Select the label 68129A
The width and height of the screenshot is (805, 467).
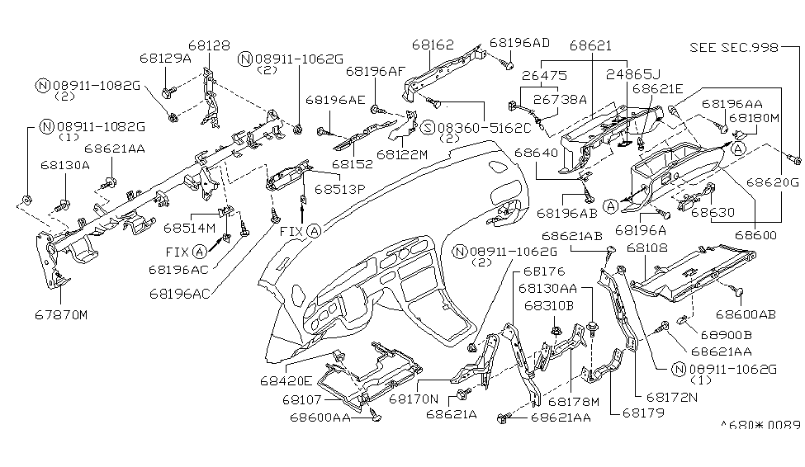(x=164, y=59)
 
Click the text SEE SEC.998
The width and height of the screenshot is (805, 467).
(x=734, y=48)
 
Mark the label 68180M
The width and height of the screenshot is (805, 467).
(x=754, y=118)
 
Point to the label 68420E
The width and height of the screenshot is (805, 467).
(x=286, y=380)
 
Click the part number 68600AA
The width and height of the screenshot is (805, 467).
(x=320, y=417)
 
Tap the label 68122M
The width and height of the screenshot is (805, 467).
(x=402, y=153)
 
